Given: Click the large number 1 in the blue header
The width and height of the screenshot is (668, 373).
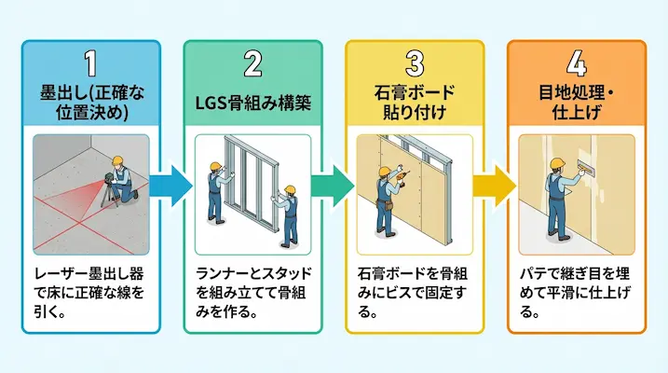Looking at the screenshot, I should click(90, 64).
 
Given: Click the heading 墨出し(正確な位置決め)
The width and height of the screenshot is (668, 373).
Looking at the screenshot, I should click(90, 103).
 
